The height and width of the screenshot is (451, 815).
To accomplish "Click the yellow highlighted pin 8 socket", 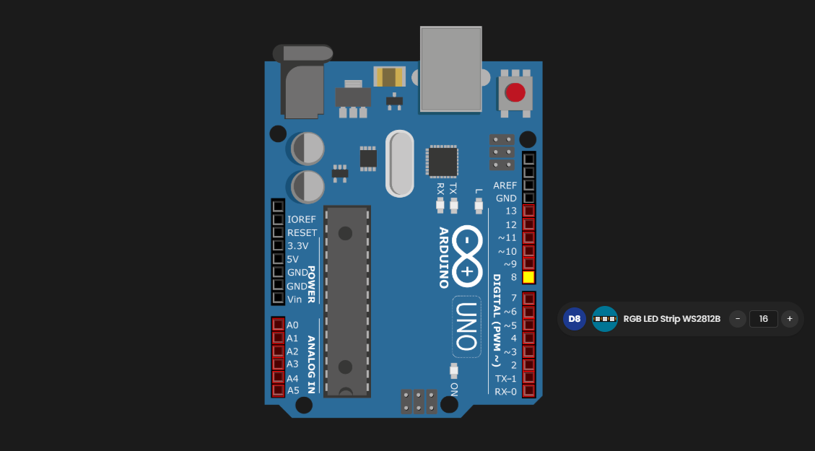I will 528,277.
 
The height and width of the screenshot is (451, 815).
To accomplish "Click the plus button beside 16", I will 790,318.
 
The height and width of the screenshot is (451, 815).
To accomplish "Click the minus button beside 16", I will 738,318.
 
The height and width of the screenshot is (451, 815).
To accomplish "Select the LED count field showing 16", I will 763,318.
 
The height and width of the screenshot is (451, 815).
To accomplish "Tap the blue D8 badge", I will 575,318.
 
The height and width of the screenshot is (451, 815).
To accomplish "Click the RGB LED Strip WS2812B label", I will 671,318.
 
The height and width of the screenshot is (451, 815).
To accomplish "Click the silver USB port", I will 450,69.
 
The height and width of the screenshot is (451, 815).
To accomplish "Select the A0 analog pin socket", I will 278,325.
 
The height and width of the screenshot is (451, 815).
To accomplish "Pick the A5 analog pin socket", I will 278,390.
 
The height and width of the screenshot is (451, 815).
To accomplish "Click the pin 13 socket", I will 528,211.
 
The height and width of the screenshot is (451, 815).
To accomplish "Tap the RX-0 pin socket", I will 528,391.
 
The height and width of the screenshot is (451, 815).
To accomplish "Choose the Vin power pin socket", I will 278,298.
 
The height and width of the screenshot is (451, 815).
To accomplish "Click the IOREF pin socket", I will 278,219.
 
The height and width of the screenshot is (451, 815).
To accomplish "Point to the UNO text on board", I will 466,326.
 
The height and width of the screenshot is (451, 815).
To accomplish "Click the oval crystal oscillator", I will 399,164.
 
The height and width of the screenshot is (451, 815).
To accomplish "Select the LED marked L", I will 478,206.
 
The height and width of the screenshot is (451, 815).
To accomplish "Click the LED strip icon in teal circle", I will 605,318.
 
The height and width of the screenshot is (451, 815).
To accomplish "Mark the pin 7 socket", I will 528,298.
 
